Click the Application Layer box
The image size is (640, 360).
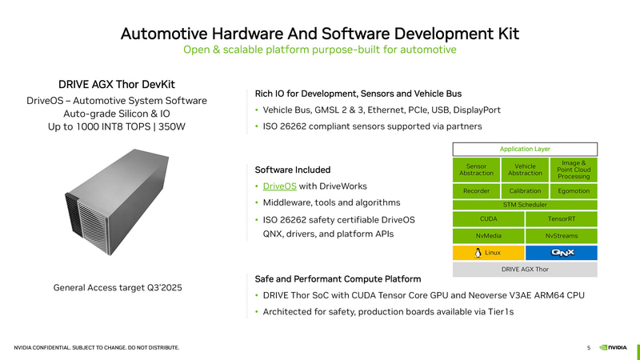[525, 149]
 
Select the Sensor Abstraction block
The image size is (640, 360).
[476, 170]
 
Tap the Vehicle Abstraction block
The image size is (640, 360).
[525, 170]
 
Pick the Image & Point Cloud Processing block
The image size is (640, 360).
[574, 170]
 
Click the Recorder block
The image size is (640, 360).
[476, 191]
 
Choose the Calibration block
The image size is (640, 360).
[525, 191]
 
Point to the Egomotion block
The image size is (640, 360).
[574, 191]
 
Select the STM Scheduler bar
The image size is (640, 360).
[525, 205]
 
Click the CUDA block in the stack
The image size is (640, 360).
[489, 219]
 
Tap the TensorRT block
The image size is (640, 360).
[562, 219]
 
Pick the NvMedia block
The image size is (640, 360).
[489, 236]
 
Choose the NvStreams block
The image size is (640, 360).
[562, 236]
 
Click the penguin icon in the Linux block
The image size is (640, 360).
[478, 253]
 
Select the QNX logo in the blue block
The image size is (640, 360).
[562, 253]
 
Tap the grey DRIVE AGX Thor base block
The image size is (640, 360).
[525, 270]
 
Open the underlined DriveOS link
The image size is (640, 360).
[279, 186]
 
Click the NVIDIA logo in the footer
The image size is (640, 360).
[613, 348]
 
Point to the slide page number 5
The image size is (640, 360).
[589, 348]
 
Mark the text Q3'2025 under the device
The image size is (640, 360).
[165, 288]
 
